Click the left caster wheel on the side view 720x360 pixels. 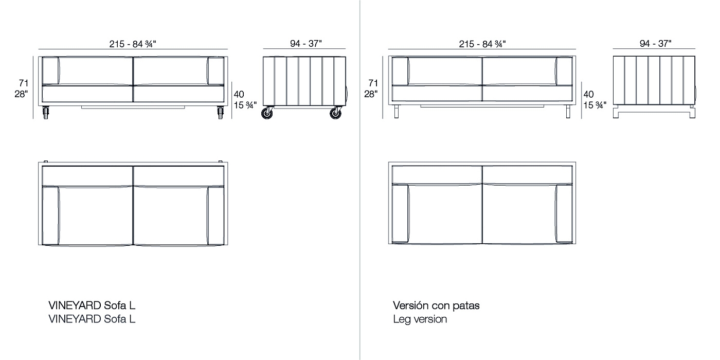click(x=267, y=114)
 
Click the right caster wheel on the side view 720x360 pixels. click(x=335, y=114)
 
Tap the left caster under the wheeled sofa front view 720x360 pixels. click(x=46, y=113)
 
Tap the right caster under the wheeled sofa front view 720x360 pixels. click(x=220, y=113)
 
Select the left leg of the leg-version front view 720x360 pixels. click(x=397, y=112)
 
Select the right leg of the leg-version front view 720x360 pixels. click(x=568, y=112)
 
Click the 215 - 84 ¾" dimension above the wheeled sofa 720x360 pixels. click(x=133, y=44)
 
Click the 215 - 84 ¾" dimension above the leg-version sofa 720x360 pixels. click(x=482, y=44)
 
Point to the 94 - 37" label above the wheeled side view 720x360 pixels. click(x=305, y=43)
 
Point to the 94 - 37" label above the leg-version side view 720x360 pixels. click(x=655, y=43)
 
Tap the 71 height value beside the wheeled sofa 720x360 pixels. click(x=24, y=83)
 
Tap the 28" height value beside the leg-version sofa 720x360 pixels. click(x=371, y=94)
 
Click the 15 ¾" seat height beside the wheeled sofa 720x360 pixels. click(x=245, y=105)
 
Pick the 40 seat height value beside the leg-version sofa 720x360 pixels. click(x=588, y=94)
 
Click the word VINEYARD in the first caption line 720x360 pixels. click(x=75, y=305)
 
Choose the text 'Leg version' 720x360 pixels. click(x=420, y=319)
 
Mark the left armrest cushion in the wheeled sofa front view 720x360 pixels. click(x=50, y=71)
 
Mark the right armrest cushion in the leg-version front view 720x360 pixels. click(x=564, y=71)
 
